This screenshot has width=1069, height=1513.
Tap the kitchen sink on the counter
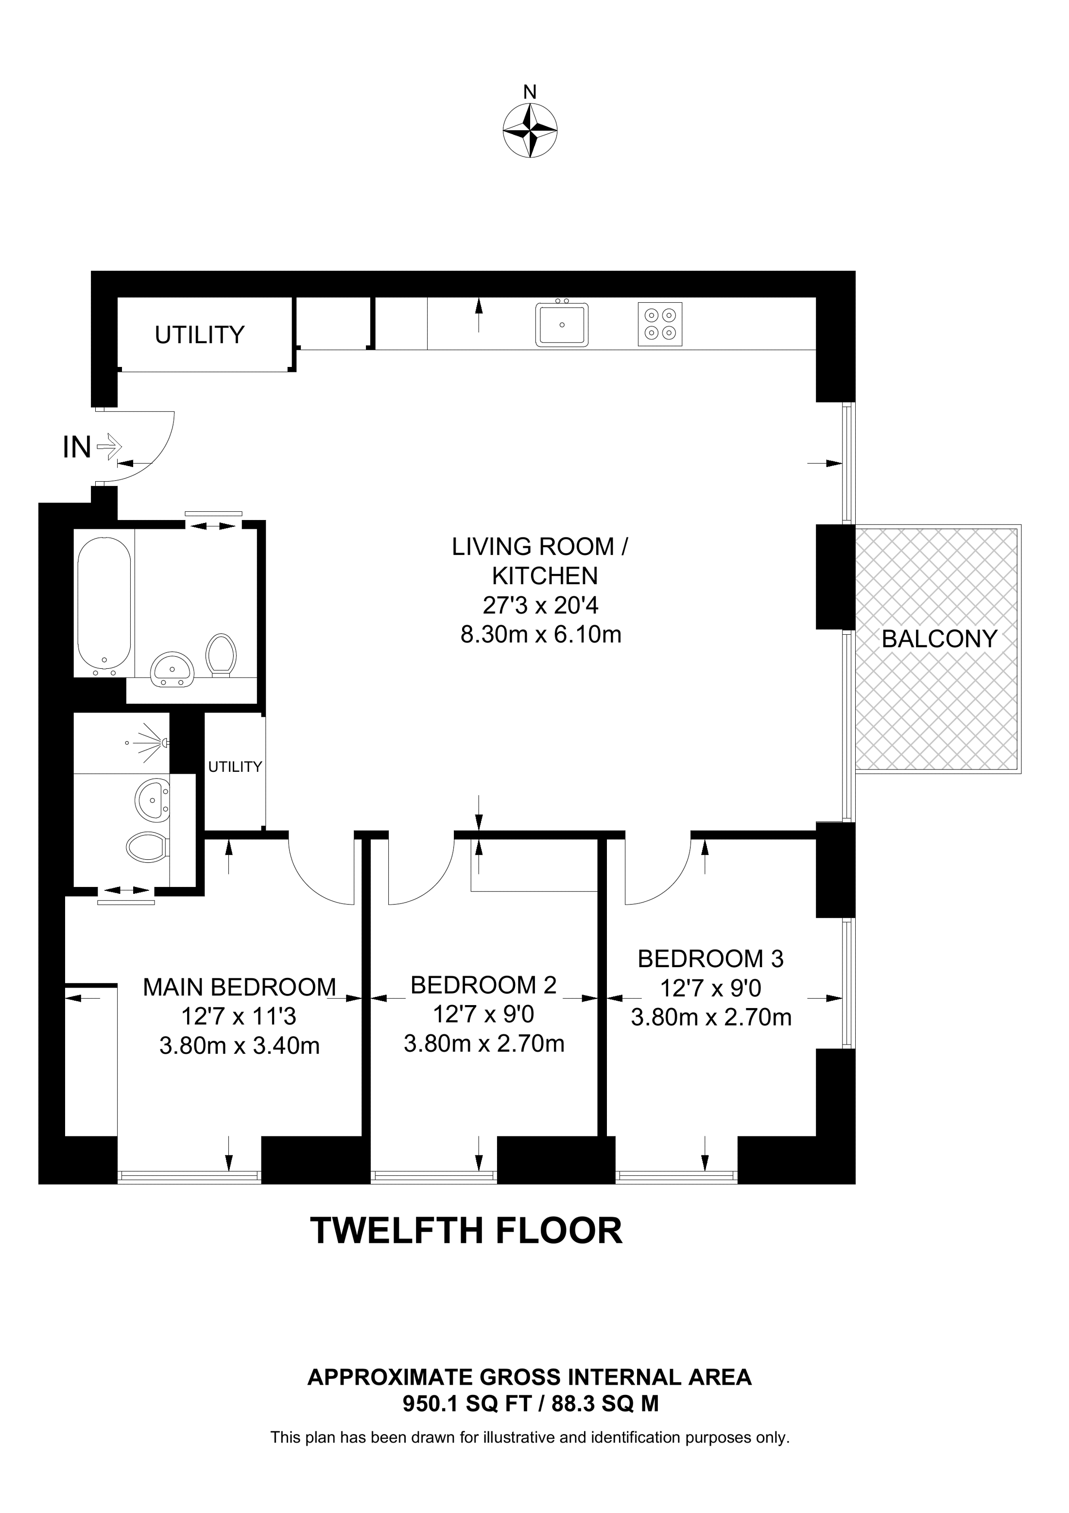click(x=561, y=324)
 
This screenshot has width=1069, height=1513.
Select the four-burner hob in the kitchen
click(x=659, y=324)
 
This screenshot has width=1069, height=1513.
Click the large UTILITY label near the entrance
click(x=200, y=335)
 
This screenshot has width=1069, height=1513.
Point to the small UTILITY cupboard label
click(x=235, y=766)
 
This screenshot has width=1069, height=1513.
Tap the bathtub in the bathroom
click(x=104, y=602)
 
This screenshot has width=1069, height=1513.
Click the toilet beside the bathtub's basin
click(x=221, y=654)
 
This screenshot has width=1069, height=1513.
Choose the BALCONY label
click(x=939, y=639)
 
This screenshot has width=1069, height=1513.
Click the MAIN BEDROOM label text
click(x=239, y=987)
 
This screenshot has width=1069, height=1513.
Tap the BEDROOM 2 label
click(x=483, y=985)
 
